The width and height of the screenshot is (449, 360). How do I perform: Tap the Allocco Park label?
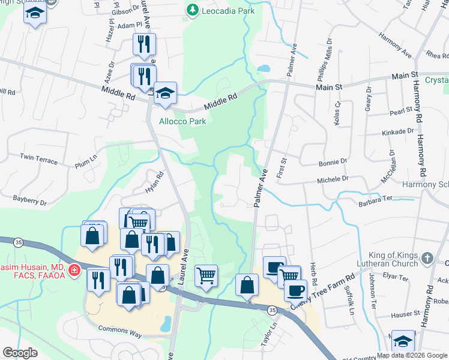pos(182,121)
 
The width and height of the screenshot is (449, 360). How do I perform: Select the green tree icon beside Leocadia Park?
pos(192,10)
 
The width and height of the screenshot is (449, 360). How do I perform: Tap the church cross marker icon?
pos(427,259)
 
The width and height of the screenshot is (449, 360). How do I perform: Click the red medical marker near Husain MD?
pos(74,271)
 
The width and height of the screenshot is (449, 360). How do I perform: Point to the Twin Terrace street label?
pos(38,160)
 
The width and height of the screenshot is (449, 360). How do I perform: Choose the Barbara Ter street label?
pos(375,204)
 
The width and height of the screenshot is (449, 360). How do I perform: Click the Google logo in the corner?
pos(20,353)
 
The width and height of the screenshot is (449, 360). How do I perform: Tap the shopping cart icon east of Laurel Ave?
pos(206,275)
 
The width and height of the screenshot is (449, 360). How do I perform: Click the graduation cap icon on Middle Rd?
pos(165,94)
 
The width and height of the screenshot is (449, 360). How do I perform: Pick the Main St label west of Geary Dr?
pos(329,87)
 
